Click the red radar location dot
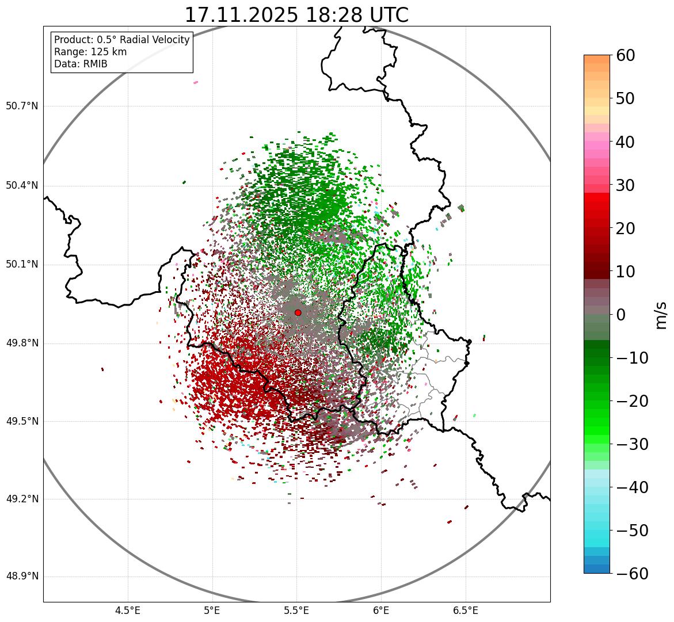point(298,312)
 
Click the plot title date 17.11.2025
point(241,15)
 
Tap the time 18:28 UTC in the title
point(356,15)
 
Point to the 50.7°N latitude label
point(22,106)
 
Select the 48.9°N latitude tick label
point(22,577)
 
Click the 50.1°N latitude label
point(22,265)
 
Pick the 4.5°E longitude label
point(128,610)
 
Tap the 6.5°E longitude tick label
point(465,610)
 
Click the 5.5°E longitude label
point(296,610)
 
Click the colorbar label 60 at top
point(625,56)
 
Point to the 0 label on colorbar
point(620,315)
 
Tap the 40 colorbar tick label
point(625,142)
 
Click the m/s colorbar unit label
point(661,315)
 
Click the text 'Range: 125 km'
point(90,52)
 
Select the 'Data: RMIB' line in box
point(81,64)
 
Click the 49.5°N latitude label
point(22,421)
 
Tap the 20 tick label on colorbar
point(625,228)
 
